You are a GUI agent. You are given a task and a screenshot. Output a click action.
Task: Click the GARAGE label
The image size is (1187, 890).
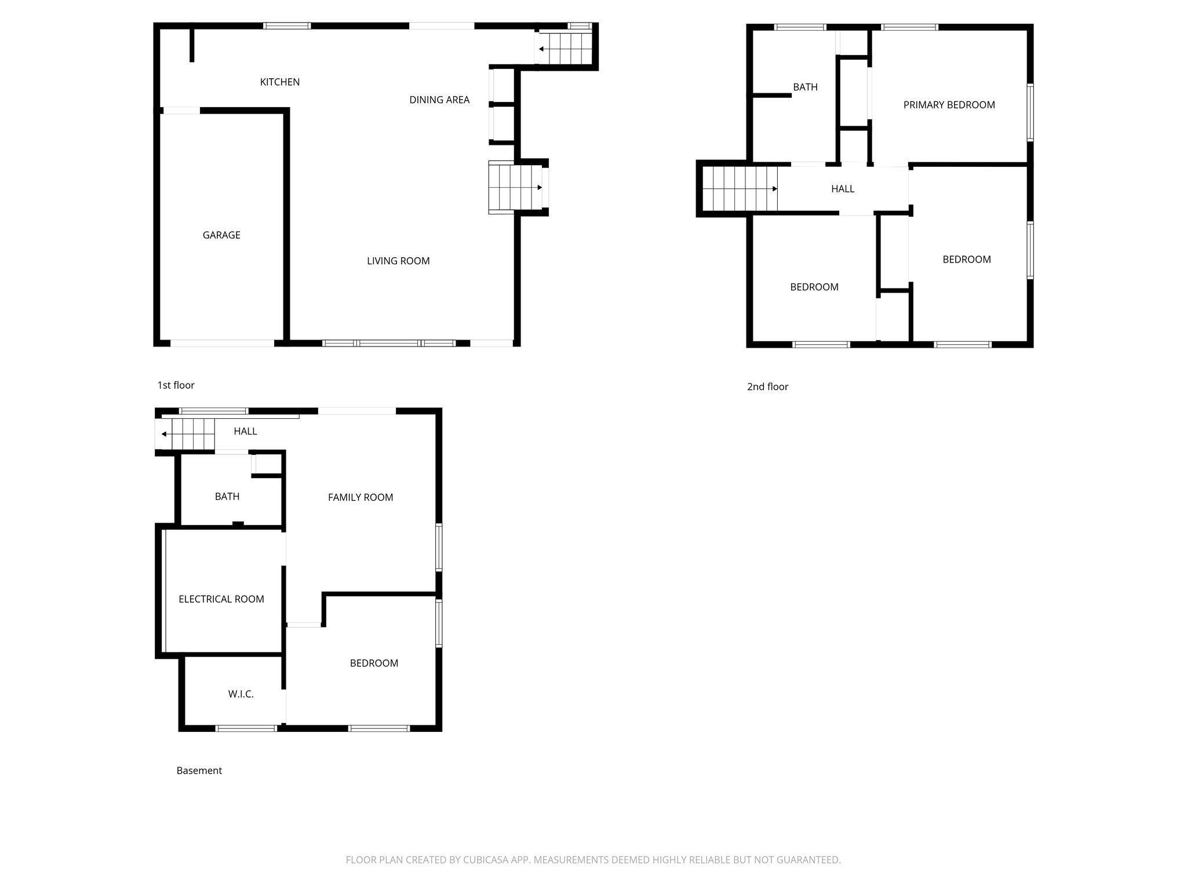221,235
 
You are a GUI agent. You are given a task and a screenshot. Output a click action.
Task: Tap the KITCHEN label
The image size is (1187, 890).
280,82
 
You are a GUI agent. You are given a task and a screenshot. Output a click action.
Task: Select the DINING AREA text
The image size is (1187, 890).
439,100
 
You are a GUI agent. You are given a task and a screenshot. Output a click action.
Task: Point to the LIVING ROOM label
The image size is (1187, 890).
398,261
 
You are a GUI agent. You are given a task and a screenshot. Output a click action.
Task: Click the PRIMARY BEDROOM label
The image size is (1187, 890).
949,105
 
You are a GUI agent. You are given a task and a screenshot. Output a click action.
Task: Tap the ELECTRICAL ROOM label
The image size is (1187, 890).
221,599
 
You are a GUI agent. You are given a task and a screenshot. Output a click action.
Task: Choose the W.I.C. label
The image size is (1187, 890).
241,694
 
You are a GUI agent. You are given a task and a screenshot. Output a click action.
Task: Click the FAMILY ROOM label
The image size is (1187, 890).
361,497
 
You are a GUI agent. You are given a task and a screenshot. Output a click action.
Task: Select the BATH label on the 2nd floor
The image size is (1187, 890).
805,87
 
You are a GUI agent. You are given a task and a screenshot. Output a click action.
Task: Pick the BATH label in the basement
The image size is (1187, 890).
227,496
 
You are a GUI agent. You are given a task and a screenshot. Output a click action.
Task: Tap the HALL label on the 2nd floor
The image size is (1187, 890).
843,189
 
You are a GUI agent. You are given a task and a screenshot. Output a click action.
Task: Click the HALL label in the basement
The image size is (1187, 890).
245,431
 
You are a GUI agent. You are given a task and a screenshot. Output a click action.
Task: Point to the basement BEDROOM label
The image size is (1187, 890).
374,663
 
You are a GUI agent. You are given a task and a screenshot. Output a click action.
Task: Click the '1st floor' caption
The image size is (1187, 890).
176,385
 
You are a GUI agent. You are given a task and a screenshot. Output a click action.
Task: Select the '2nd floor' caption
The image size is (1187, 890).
767,386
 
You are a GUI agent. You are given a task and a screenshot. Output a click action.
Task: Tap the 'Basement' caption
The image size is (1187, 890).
199,771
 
